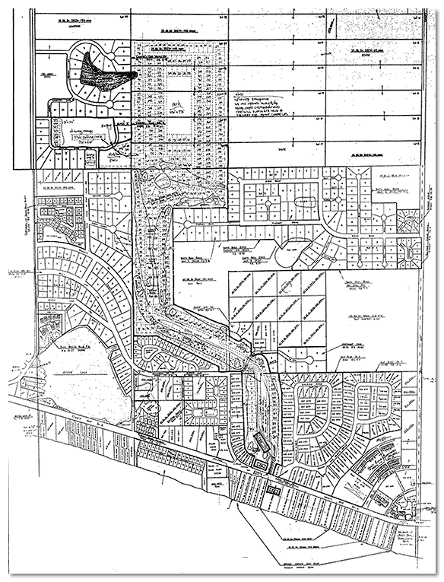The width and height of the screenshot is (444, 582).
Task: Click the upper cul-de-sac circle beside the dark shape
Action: point(116,55)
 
